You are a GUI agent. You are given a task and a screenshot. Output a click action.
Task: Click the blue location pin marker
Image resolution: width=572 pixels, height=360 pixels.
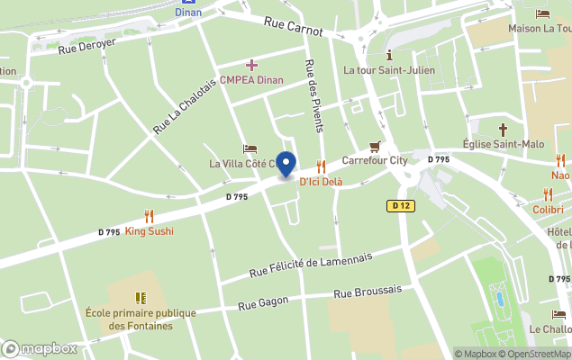pyautogui.click(x=286, y=165)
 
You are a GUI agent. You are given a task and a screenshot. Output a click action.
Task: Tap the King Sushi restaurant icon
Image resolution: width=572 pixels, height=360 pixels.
pyautogui.click(x=150, y=216)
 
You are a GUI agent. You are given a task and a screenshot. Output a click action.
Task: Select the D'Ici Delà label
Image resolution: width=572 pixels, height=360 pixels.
pyautogui.click(x=321, y=182)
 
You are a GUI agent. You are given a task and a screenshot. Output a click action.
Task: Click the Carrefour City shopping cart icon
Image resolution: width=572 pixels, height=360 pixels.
pyautogui.click(x=375, y=147)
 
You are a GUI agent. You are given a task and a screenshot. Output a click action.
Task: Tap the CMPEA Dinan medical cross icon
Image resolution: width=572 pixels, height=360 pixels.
pyautogui.click(x=251, y=65)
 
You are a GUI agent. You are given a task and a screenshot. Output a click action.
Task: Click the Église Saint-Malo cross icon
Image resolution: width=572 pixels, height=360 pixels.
pyautogui.click(x=504, y=130)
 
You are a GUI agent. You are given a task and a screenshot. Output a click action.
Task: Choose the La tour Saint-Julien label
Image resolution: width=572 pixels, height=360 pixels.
pyautogui.click(x=389, y=70)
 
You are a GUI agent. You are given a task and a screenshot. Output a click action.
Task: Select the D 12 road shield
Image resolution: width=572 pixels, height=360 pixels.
pyautogui.click(x=401, y=206)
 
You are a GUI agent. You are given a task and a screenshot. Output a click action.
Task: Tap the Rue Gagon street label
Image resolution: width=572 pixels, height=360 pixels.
pyautogui.click(x=262, y=304)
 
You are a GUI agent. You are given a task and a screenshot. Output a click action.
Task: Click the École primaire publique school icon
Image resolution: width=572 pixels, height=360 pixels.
pyautogui.click(x=141, y=297)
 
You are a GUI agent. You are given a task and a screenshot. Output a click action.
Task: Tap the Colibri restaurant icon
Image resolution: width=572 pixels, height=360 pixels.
pyautogui.click(x=548, y=194)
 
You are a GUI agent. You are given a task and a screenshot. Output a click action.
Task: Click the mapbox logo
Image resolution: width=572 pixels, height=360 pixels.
pyautogui.click(x=40, y=348)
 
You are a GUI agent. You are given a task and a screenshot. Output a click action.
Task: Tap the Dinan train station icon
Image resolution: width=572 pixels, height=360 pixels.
pyautogui.click(x=188, y=2)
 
